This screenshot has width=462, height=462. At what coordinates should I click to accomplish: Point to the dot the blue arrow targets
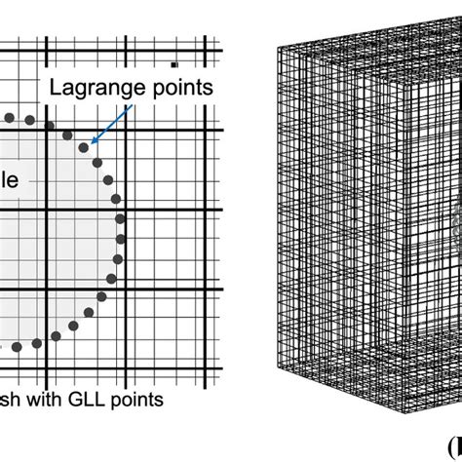(x=94, y=147)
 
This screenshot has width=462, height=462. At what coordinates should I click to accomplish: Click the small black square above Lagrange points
(x=173, y=64)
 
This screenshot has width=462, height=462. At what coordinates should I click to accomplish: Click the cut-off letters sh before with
(x=9, y=400)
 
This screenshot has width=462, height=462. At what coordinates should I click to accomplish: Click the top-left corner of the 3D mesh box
(x=278, y=46)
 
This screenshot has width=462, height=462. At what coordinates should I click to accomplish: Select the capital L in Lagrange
(x=56, y=89)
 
